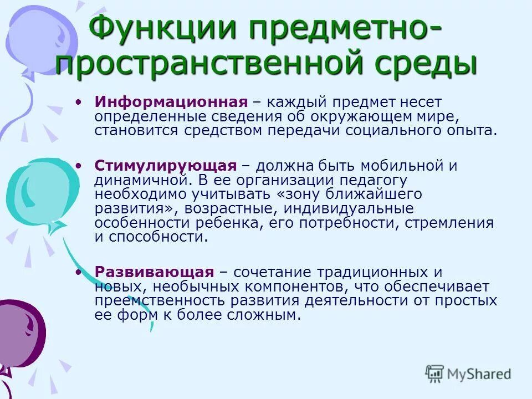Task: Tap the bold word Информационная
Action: pos(170,103)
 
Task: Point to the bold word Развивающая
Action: pos(154,272)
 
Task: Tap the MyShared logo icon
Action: pos(435,374)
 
